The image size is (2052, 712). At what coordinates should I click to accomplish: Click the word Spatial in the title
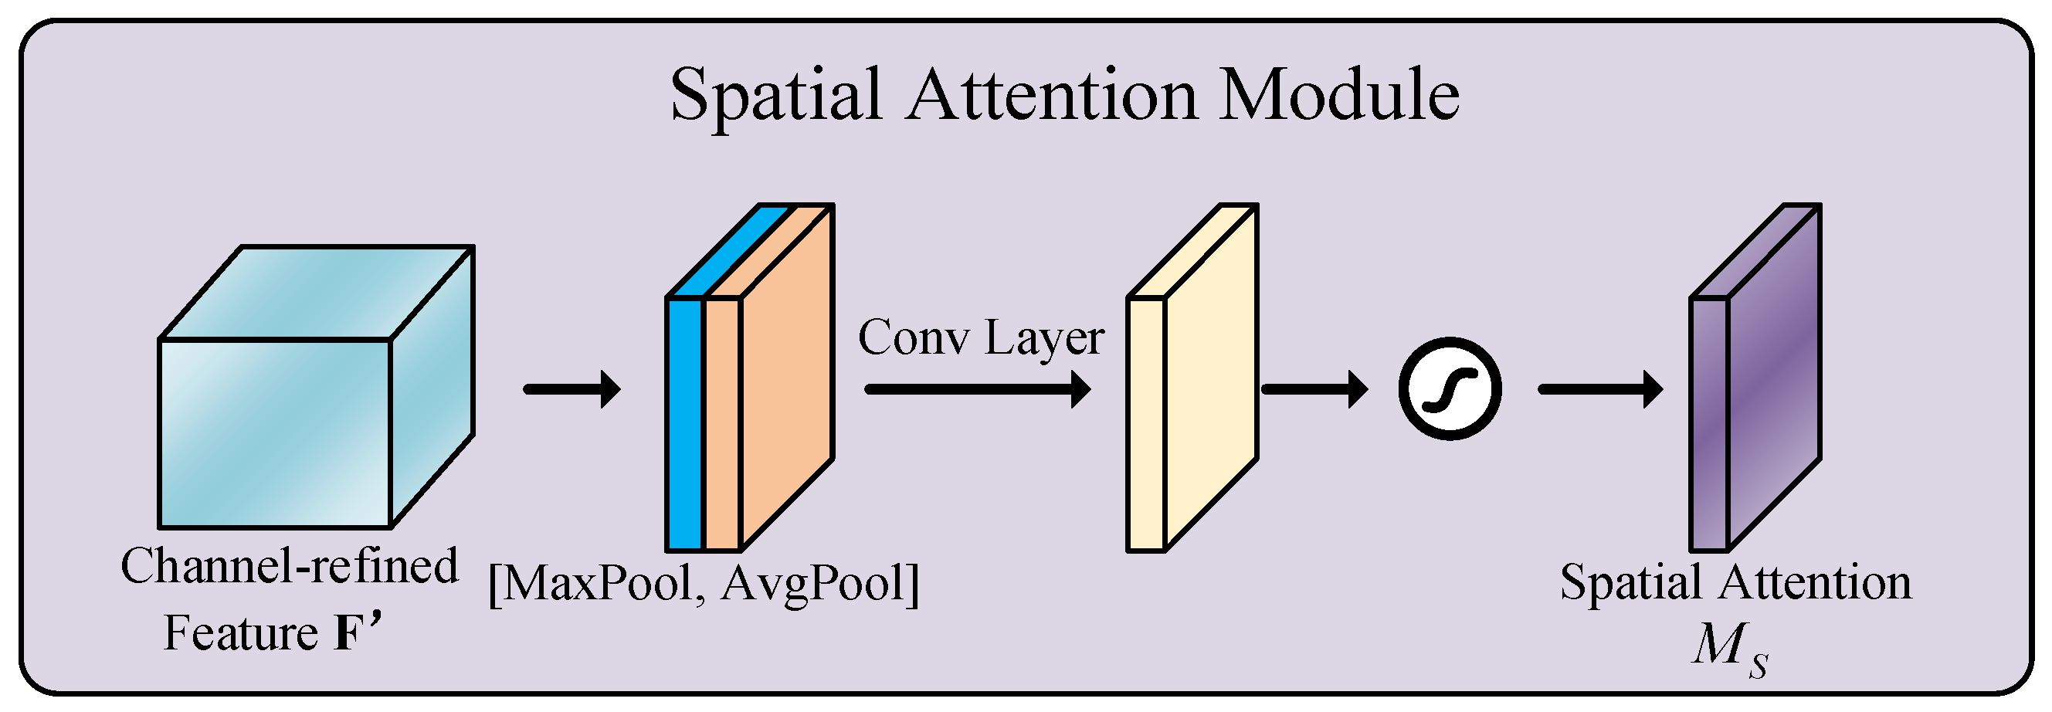click(x=776, y=96)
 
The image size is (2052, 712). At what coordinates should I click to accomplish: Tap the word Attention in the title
click(x=1052, y=96)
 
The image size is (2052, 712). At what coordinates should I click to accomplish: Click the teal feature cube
click(x=276, y=433)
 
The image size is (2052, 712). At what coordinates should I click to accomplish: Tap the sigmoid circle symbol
click(x=1450, y=388)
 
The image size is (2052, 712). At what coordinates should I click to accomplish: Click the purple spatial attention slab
click(x=1772, y=382)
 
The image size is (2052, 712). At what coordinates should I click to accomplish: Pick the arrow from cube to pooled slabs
click(x=572, y=389)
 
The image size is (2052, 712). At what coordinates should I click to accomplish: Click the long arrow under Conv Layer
click(x=978, y=389)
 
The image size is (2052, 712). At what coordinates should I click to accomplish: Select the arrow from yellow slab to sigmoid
click(x=1314, y=389)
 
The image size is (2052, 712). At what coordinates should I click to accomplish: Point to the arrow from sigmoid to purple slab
click(x=1600, y=389)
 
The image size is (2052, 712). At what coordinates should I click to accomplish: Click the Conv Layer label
click(x=981, y=337)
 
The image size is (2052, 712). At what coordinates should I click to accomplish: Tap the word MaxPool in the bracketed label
click(x=598, y=583)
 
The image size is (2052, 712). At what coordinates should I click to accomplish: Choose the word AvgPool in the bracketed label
click(x=812, y=583)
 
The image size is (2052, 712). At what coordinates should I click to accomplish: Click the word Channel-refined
click(x=289, y=566)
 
